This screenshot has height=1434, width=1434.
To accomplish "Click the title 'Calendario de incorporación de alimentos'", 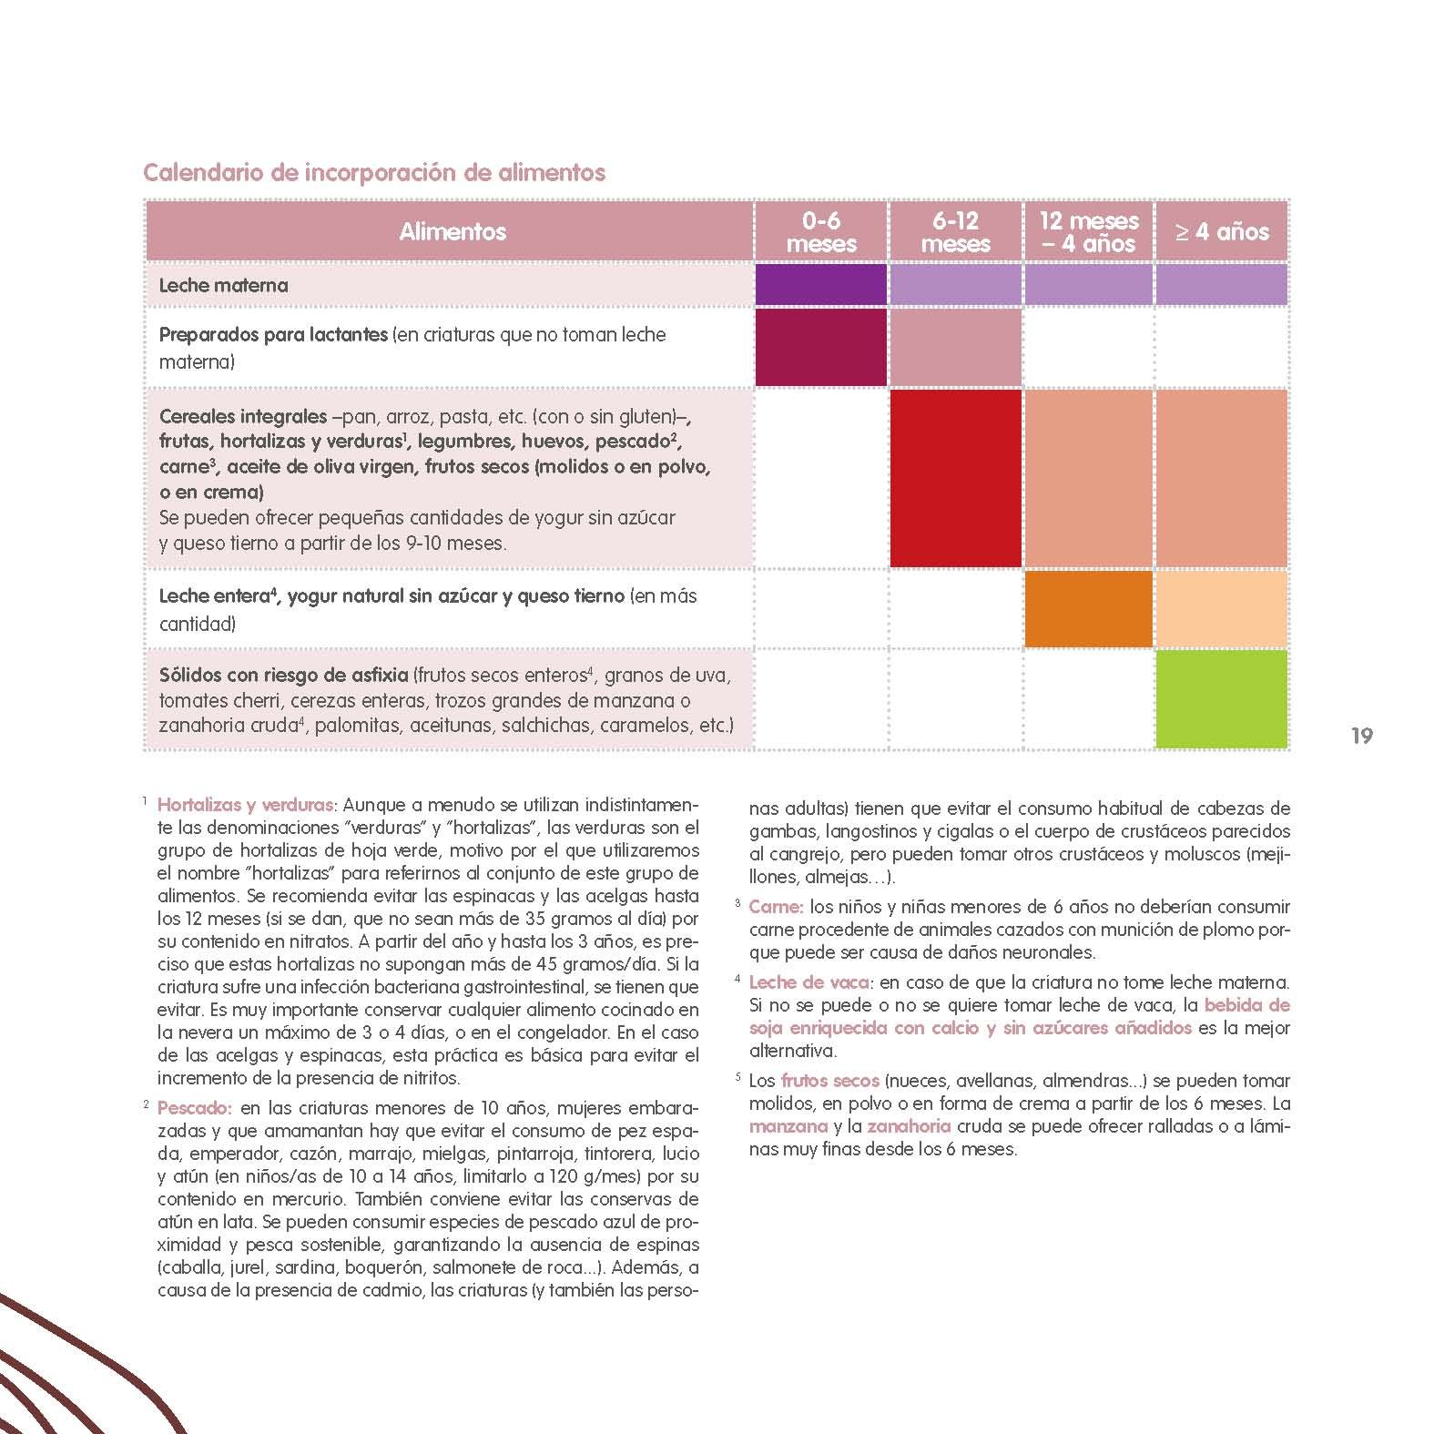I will point(374,172).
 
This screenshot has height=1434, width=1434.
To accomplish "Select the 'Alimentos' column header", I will point(452,231).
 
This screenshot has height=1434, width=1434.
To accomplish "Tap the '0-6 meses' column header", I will point(821,232).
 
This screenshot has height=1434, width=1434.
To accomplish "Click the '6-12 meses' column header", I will point(955,232).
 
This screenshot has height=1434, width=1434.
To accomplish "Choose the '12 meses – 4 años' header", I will point(1089,232).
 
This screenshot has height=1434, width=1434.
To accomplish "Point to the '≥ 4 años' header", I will point(1221,232).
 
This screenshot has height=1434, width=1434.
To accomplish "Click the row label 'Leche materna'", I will point(223,285).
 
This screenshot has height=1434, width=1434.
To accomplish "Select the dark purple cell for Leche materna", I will point(821,285).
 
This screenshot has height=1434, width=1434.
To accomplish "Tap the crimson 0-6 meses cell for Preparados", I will point(821,347).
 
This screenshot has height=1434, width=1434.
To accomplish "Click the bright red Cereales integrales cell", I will point(955,478).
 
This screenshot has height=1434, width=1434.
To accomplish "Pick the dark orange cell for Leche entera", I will point(1089,608).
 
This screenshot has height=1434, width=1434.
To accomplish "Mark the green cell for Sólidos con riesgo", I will point(1221,698).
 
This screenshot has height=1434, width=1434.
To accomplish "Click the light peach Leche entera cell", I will point(1221,608).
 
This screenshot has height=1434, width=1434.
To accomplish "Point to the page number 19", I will point(1361,736).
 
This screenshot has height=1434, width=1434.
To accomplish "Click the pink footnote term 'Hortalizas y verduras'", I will point(246,805).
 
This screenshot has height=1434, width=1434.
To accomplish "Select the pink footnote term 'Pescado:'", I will point(195,1109).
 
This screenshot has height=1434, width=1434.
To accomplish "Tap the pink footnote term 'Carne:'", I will point(775,907).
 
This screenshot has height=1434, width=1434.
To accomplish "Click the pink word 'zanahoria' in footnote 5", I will point(908,1126).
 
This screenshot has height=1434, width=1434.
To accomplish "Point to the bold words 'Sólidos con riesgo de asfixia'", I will point(283,676).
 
